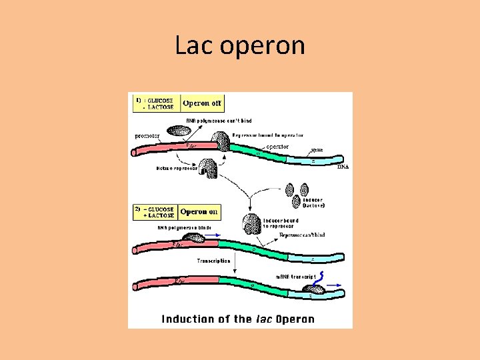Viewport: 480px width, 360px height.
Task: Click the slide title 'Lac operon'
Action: pyautogui.click(x=240, y=45)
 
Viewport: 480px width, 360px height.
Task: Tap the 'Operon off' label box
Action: pyautogui.click(x=202, y=103)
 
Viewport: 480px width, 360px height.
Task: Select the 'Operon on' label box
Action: pyautogui.click(x=199, y=212)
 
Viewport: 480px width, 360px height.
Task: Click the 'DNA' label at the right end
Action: pyautogui.click(x=343, y=167)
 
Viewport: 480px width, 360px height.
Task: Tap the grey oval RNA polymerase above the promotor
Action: pyautogui.click(x=178, y=131)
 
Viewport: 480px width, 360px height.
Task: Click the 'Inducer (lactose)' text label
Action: pyautogui.click(x=311, y=203)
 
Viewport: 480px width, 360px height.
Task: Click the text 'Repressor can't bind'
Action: pyautogui.click(x=302, y=235)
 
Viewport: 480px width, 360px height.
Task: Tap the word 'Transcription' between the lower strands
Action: pyautogui.click(x=213, y=261)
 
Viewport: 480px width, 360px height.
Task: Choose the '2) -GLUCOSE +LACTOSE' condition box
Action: pyautogui.click(x=156, y=212)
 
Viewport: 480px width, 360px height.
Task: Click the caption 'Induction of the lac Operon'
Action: pyautogui.click(x=238, y=319)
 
